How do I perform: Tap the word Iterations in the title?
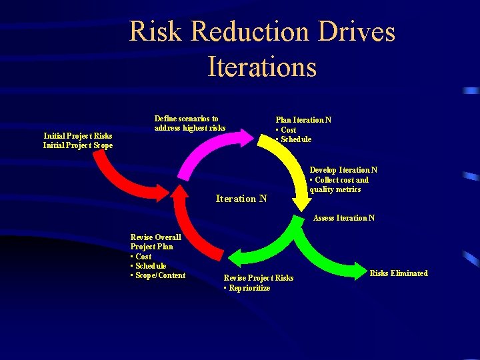click(x=262, y=67)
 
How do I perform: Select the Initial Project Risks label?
click(x=77, y=136)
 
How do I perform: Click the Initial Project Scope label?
click(x=77, y=145)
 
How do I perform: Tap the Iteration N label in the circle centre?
click(x=241, y=198)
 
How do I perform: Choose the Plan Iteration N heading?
click(x=303, y=120)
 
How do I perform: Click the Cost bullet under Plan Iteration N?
click(x=287, y=130)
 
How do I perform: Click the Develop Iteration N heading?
click(x=343, y=170)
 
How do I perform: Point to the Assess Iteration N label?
click(x=344, y=218)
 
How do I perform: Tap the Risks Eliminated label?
click(x=399, y=273)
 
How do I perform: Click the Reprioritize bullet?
click(x=248, y=288)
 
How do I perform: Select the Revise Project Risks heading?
click(x=258, y=278)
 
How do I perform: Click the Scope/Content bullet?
click(x=159, y=275)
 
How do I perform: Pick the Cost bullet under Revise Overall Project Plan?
click(x=142, y=257)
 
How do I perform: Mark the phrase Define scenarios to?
click(x=186, y=119)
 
